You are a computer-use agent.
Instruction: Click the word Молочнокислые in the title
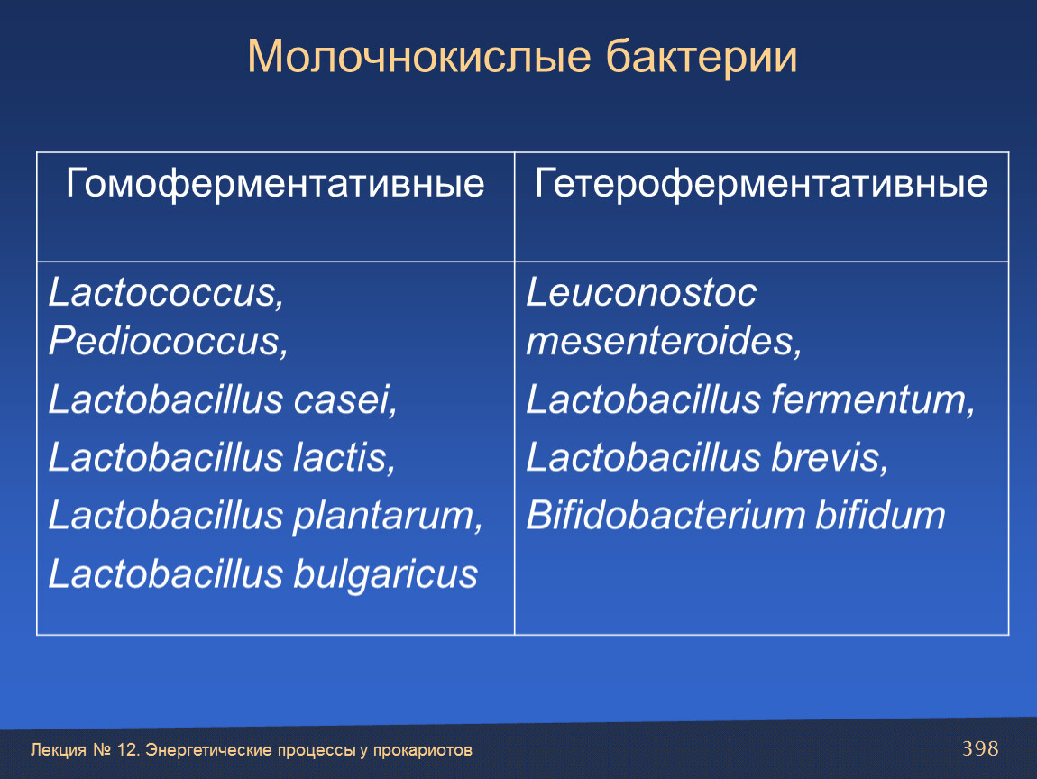click(x=419, y=56)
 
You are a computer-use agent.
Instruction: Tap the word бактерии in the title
click(x=702, y=56)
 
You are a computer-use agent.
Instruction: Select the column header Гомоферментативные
click(x=275, y=183)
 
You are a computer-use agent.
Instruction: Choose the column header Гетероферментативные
click(x=760, y=183)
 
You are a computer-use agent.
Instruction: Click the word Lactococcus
click(x=166, y=292)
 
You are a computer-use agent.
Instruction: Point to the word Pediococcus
click(x=168, y=341)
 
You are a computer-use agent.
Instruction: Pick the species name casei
click(x=344, y=400)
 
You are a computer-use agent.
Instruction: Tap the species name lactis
click(x=344, y=458)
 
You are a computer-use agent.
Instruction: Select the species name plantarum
click(x=388, y=517)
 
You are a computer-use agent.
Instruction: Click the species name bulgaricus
click(x=385, y=574)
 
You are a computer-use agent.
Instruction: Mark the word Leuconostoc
click(x=641, y=292)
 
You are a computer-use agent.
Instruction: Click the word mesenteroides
click(x=664, y=341)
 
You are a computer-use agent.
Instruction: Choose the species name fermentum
click(x=872, y=400)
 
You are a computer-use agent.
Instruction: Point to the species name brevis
click(x=830, y=458)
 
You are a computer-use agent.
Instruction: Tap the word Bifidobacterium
click(x=666, y=515)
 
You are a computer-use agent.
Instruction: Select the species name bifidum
click(x=880, y=515)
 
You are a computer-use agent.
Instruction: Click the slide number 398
click(x=980, y=748)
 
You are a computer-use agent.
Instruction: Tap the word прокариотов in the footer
click(x=423, y=750)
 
